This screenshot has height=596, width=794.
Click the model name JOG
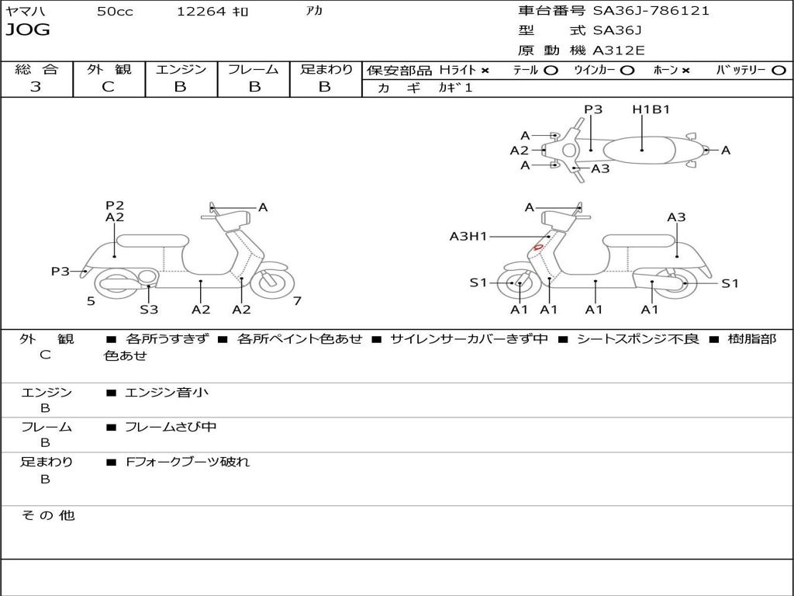(28, 30)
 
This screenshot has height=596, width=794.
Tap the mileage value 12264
(201, 12)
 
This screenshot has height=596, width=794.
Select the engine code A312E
(619, 50)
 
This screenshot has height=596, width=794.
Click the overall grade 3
(36, 87)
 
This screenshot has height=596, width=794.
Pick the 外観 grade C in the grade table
(108, 87)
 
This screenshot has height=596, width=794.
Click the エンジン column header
(181, 69)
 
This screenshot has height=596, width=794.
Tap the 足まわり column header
(326, 69)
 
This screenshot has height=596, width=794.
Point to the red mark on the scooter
(537, 248)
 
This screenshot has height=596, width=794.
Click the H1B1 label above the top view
(651, 109)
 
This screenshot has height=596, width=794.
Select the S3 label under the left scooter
(149, 310)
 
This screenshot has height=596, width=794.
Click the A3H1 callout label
(468, 236)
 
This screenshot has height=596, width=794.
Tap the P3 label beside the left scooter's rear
(60, 272)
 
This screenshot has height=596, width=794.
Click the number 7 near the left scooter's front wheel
(297, 301)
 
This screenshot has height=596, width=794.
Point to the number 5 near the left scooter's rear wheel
(91, 301)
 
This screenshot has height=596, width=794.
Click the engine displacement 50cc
(115, 12)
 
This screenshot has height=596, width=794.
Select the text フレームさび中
(171, 427)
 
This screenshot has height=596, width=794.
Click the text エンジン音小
(167, 393)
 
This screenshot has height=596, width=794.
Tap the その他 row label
(47, 515)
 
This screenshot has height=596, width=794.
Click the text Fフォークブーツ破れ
(188, 462)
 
